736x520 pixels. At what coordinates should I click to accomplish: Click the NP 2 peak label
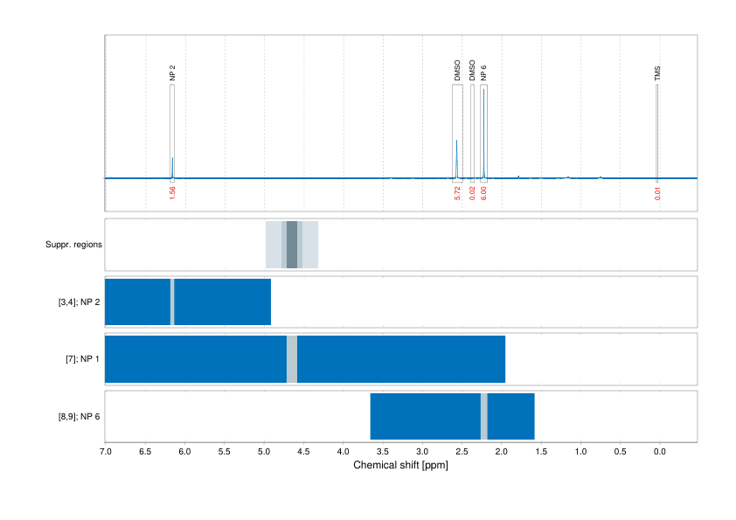[173, 73]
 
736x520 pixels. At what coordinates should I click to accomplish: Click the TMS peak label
[657, 73]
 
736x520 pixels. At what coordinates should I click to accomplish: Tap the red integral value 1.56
[173, 192]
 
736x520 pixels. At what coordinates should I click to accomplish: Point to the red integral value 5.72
[457, 192]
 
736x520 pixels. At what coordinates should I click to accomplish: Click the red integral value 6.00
[483, 192]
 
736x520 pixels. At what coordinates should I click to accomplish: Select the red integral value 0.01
[657, 192]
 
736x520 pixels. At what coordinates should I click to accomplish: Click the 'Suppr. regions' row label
[74, 245]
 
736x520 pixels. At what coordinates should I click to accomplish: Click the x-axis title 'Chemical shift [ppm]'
[401, 466]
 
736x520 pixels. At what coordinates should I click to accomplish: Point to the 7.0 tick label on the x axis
[106, 452]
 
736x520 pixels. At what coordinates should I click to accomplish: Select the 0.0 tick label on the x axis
[659, 452]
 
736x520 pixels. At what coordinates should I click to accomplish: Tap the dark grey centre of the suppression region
[292, 245]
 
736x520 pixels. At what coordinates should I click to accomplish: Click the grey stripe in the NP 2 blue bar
[172, 302]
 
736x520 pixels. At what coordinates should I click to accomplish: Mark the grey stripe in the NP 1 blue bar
[292, 358]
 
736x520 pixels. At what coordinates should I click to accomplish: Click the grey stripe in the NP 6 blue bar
[483, 416]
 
